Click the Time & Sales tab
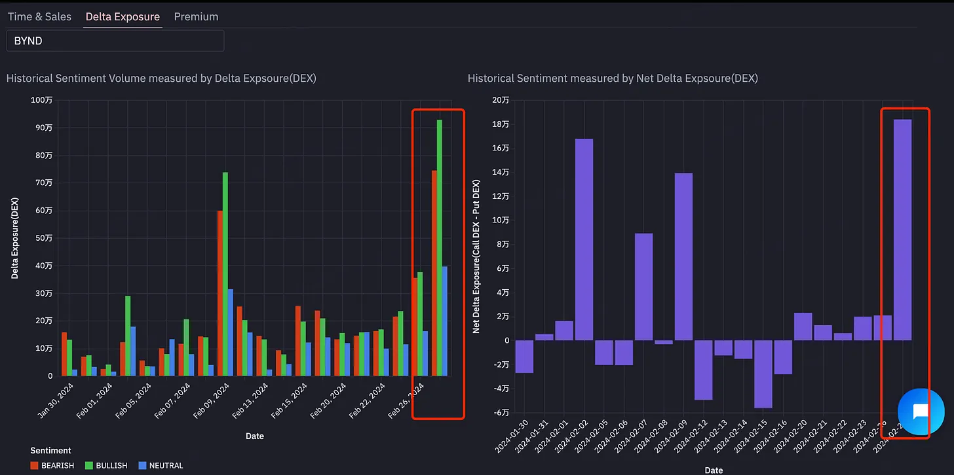[x=39, y=17]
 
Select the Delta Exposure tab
[x=123, y=17]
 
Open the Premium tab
[x=196, y=17]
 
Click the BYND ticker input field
[x=115, y=41]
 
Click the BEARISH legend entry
[x=52, y=466]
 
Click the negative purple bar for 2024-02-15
[x=763, y=374]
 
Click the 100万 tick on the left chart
[x=42, y=100]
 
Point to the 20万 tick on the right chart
[x=501, y=100]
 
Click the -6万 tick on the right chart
[x=501, y=412]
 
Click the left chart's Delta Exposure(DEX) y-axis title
[x=14, y=239]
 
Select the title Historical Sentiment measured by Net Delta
[x=613, y=79]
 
